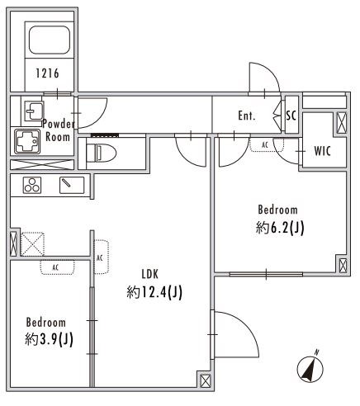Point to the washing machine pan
pyautogui.click(x=29, y=141)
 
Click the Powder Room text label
pyautogui.click(x=59, y=130)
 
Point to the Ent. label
pyautogui.click(x=246, y=116)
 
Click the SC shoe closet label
pyautogui.click(x=291, y=116)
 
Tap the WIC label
pyautogui.click(x=323, y=150)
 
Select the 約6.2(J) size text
pyautogui.click(x=279, y=228)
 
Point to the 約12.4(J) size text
pyautogui.click(x=154, y=291)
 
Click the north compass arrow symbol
pyautogui.click(x=310, y=366)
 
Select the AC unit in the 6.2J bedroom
pyautogui.click(x=264, y=145)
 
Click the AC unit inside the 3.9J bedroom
pyautogui.click(x=57, y=267)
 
